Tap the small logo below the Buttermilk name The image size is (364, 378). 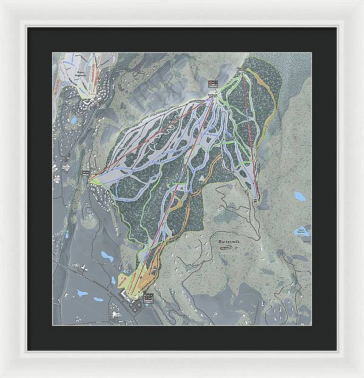click(226, 247)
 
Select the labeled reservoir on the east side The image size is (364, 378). click(302, 232)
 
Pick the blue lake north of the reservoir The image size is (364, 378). click(300, 196)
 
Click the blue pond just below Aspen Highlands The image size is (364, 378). click(73, 120)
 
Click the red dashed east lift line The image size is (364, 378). click(250, 134)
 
